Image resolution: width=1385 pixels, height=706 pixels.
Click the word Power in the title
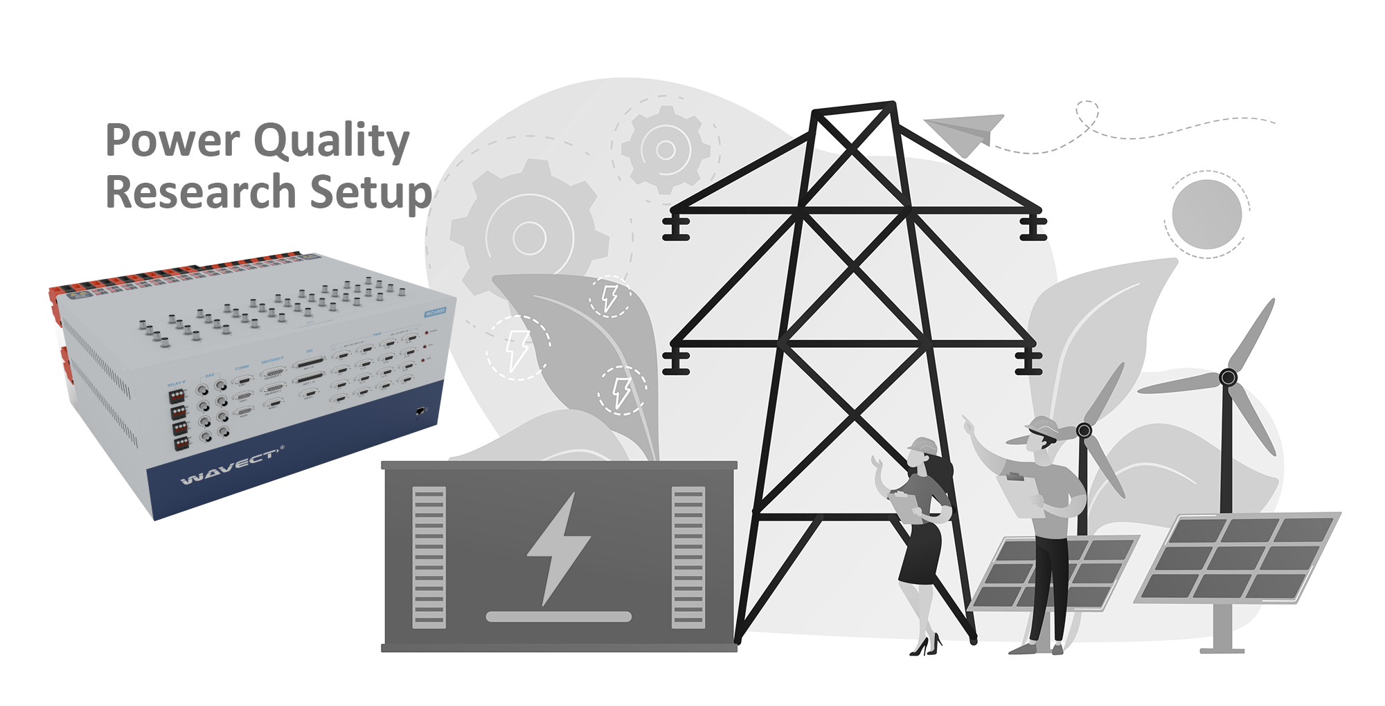click(x=172, y=141)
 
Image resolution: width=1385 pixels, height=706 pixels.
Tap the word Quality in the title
click(x=332, y=142)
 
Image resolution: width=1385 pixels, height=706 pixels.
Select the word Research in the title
click(x=201, y=192)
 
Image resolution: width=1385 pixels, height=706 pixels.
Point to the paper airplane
click(x=965, y=132)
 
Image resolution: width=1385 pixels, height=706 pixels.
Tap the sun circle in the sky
click(x=1206, y=214)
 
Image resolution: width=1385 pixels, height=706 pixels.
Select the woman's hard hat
click(x=922, y=445)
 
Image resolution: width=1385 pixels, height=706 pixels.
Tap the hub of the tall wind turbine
click(x=1228, y=378)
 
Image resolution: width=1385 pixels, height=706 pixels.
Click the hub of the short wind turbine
click(x=1084, y=431)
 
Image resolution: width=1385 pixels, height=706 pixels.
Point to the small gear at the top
click(x=665, y=149)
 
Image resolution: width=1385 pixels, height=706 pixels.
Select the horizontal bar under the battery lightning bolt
click(x=559, y=617)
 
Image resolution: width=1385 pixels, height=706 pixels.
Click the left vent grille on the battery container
click(x=429, y=557)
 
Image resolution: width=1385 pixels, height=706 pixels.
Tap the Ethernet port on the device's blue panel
click(x=420, y=412)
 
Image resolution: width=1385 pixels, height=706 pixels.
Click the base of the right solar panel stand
click(x=1222, y=650)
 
